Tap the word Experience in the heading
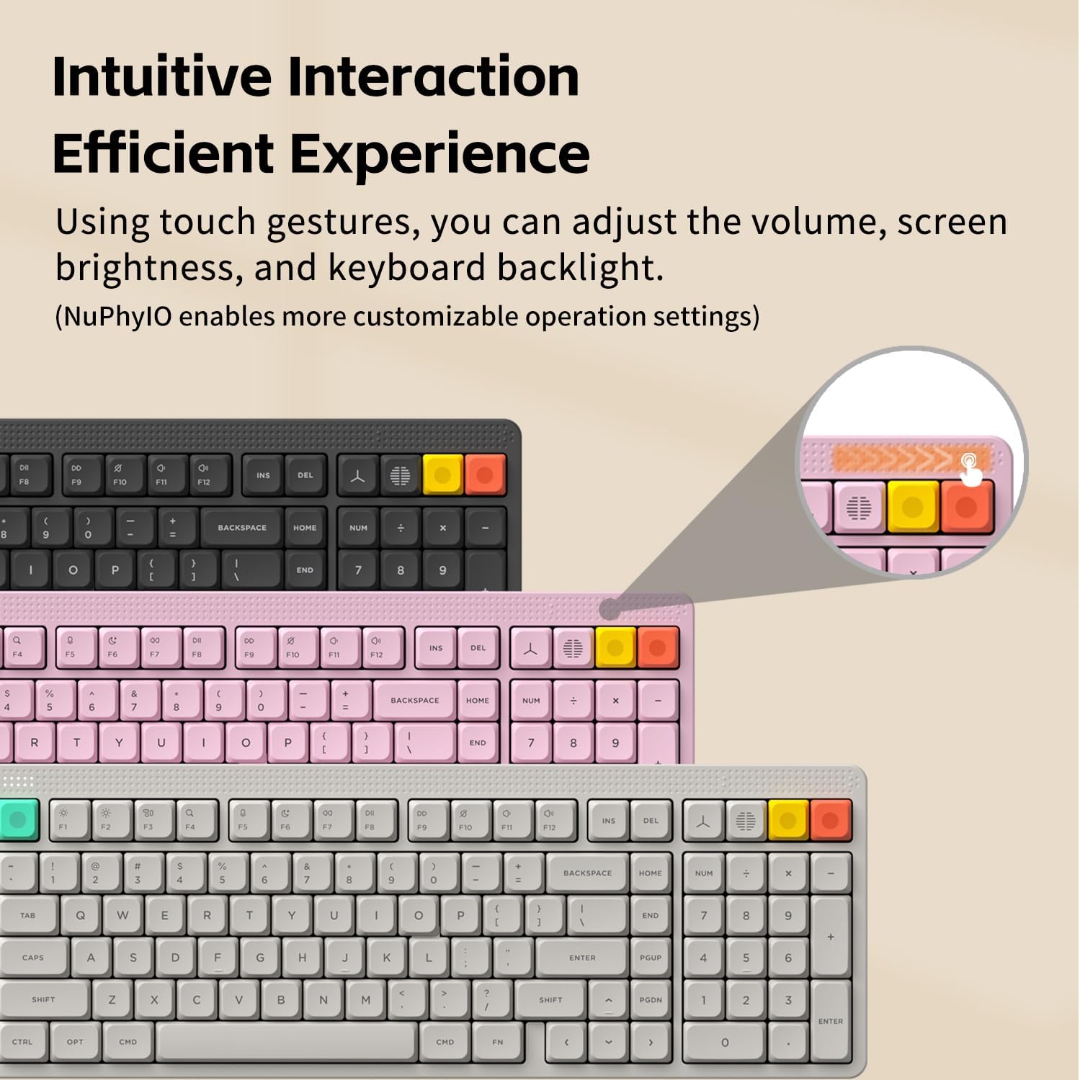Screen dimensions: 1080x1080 (x=439, y=153)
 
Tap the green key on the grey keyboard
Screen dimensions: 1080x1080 (x=17, y=819)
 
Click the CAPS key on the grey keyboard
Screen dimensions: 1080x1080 (x=33, y=958)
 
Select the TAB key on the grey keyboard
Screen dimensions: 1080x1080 (x=27, y=916)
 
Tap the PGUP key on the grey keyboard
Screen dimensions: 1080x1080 (x=651, y=958)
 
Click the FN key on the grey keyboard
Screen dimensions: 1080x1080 (x=498, y=1042)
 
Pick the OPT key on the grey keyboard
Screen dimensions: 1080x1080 (x=75, y=1042)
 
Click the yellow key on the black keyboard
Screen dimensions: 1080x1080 (x=442, y=474)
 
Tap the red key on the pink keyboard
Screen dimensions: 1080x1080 (x=657, y=647)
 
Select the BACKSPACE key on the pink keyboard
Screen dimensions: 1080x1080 (x=414, y=701)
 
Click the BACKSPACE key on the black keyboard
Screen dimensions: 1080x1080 (x=242, y=528)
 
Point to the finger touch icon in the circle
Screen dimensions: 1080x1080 (x=971, y=469)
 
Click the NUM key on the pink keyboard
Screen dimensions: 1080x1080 (x=531, y=701)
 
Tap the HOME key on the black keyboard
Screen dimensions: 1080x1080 (x=305, y=528)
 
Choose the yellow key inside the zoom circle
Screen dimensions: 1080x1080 (x=913, y=507)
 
